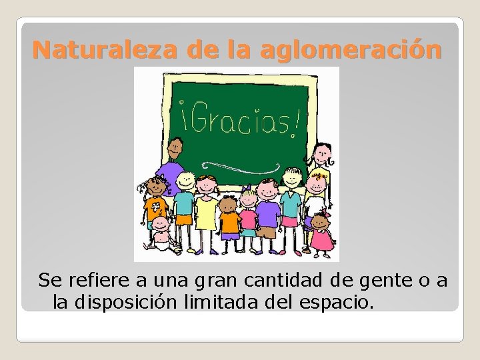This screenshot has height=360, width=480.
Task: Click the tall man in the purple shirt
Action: (x=175, y=167)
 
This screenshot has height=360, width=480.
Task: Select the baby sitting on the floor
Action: (x=160, y=233)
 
